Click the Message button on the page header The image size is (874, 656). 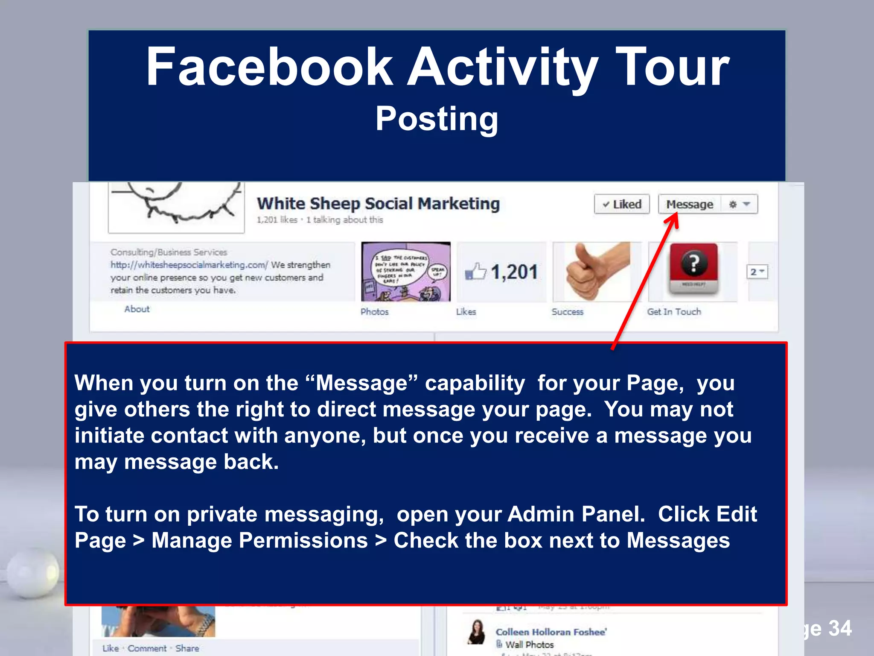tap(689, 204)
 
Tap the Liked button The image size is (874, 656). tap(622, 204)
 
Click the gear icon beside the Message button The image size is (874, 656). tap(733, 204)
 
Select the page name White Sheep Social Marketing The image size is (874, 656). tap(378, 203)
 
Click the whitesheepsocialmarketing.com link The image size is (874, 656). tap(189, 265)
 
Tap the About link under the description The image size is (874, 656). tap(137, 309)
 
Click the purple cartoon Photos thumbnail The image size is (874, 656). tap(405, 272)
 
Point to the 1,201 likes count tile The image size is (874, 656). tap(502, 272)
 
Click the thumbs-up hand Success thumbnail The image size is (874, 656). tap(597, 272)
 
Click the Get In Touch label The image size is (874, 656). tap(674, 312)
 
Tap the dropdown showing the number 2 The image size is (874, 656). tap(757, 272)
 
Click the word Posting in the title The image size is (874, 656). tap(437, 119)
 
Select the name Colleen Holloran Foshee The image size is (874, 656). tap(551, 632)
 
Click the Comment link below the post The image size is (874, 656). tap(147, 648)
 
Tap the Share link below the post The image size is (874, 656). tap(187, 648)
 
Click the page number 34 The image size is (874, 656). tap(839, 628)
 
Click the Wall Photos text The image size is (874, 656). tap(529, 644)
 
